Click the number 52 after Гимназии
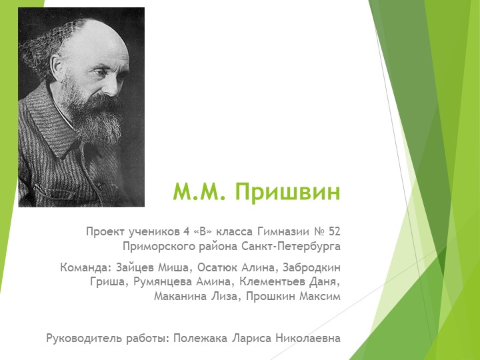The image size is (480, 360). tap(334, 232)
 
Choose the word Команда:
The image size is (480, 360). tap(84, 268)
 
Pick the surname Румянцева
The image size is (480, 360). tap(159, 282)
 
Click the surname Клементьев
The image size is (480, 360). tap(274, 282)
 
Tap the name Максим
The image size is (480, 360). tap(319, 297)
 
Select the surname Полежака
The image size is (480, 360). tap(199, 338)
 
